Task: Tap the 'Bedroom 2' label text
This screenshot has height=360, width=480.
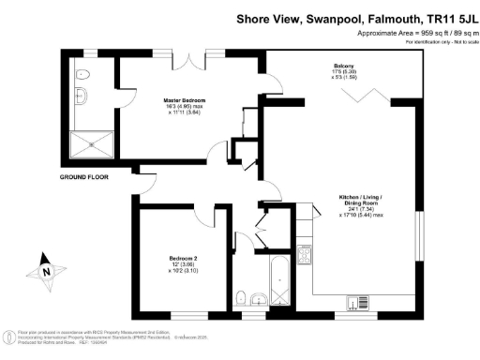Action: [x=183, y=258]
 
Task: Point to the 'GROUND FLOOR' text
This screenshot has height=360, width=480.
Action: [x=85, y=176]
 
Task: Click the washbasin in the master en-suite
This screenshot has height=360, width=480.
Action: [x=77, y=96]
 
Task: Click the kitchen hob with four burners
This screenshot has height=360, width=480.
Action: [x=304, y=253]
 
